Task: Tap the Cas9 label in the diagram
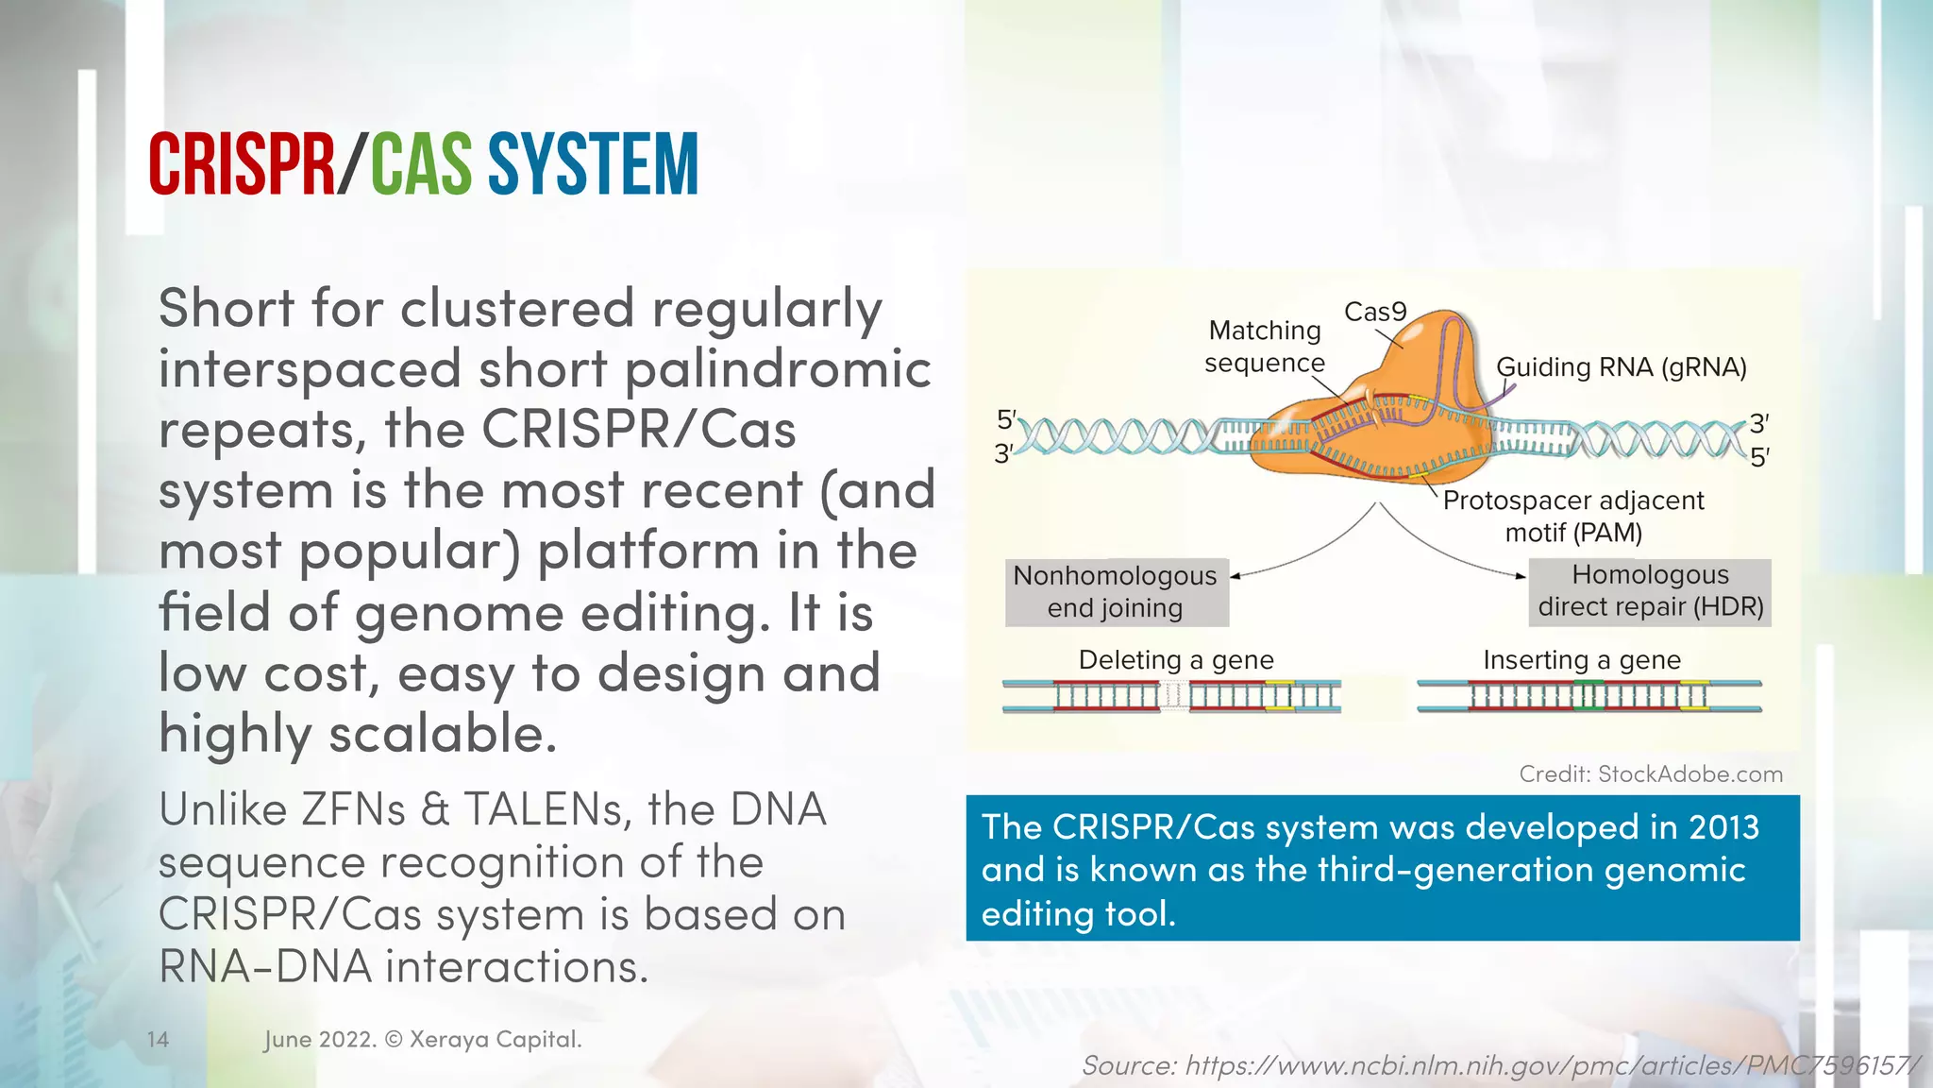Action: tap(1375, 312)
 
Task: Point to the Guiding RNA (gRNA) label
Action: tap(1621, 366)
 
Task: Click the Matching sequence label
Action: tap(1265, 347)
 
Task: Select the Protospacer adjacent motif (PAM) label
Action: tap(1573, 516)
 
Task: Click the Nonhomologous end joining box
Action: tap(1116, 592)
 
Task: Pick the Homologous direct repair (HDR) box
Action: tap(1650, 591)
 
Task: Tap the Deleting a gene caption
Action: tap(1176, 659)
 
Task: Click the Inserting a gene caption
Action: tap(1582, 659)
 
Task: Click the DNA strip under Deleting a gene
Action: tap(1170, 696)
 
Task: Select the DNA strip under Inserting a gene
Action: tap(1588, 696)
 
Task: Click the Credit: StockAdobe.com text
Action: tap(1651, 774)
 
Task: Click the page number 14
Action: tap(158, 1040)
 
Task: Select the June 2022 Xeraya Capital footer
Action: tap(423, 1040)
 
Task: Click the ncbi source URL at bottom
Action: tap(1501, 1065)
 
